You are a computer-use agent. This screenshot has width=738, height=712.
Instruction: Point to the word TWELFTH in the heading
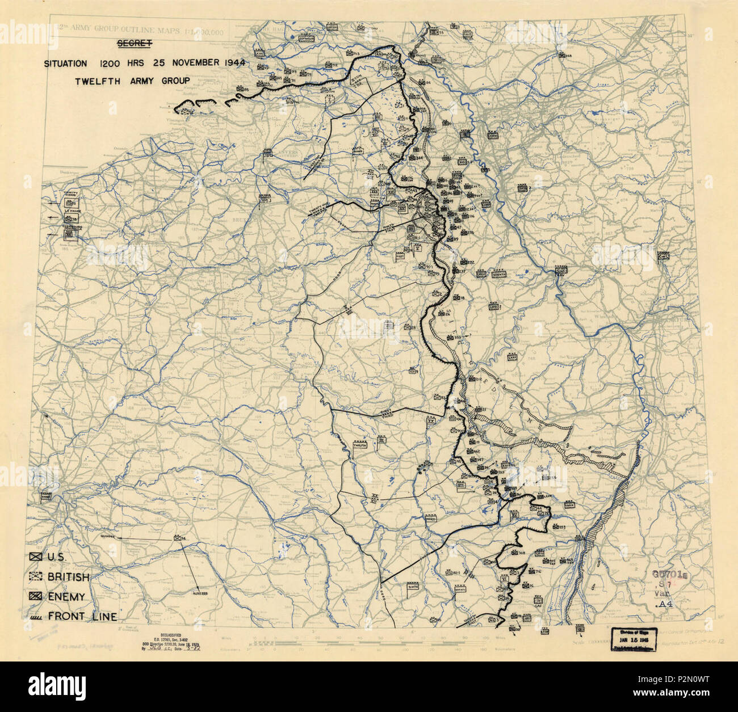click(x=97, y=81)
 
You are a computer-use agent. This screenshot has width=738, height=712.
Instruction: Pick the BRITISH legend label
click(x=68, y=577)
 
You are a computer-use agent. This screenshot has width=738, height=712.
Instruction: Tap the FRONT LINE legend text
click(x=82, y=616)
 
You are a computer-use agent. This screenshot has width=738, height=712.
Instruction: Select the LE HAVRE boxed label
click(x=73, y=210)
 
